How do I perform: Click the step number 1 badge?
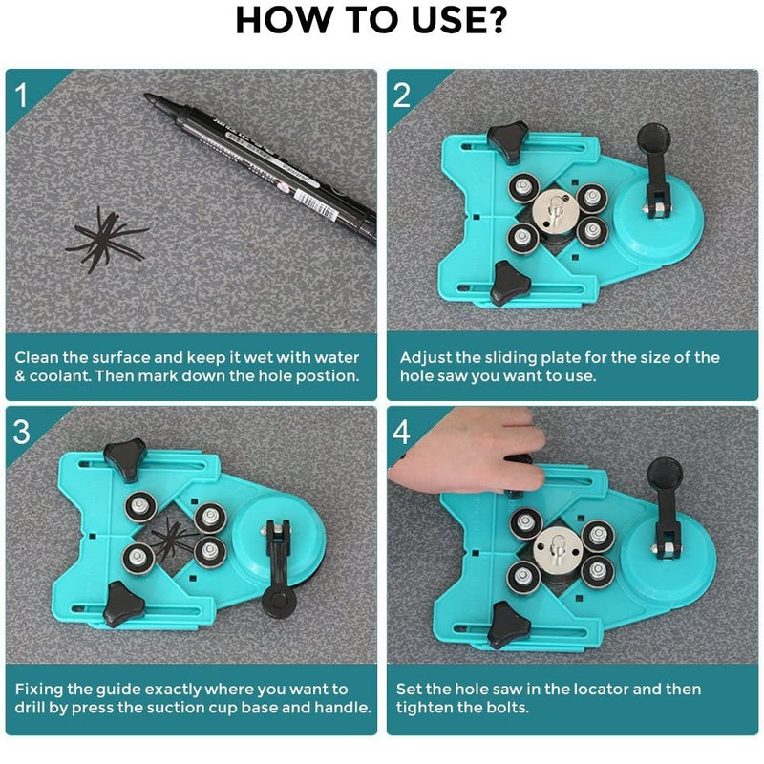(21, 95)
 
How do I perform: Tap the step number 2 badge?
(401, 95)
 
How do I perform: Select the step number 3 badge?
(21, 432)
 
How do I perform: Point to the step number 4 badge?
(401, 432)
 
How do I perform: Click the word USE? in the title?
(459, 20)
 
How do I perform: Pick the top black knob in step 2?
(508, 141)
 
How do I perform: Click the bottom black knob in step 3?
(124, 605)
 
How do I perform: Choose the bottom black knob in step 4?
(508, 625)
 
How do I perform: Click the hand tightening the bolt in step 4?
(468, 451)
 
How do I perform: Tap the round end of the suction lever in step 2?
(654, 138)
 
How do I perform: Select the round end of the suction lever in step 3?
(279, 604)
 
